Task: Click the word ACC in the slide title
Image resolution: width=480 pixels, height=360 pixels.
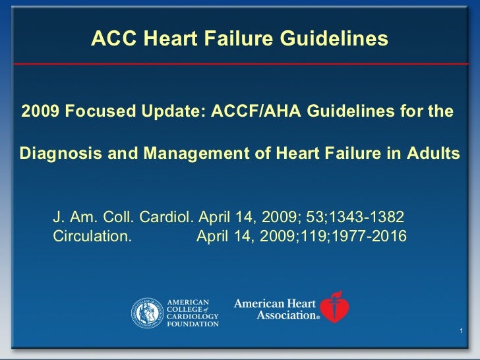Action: (109, 40)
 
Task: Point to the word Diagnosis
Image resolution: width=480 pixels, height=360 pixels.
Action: (55, 154)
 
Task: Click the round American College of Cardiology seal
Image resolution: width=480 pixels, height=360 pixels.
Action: (147, 312)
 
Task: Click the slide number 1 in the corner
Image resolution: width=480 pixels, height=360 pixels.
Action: (460, 330)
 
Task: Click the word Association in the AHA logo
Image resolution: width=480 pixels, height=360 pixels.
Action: (285, 315)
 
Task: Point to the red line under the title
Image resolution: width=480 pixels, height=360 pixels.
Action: (240, 64)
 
